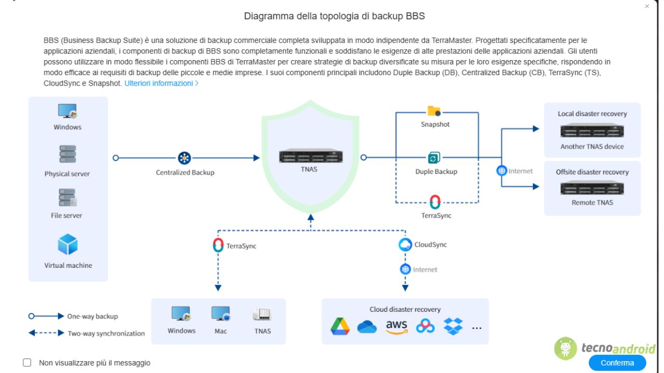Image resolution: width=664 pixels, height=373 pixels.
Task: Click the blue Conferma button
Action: click(x=617, y=363)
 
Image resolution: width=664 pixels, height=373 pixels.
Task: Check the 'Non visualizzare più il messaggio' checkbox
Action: click(x=27, y=363)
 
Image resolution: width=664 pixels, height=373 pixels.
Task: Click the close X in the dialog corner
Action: click(x=647, y=6)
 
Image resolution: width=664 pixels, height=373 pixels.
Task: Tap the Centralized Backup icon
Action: click(x=185, y=158)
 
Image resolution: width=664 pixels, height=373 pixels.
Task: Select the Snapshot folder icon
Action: click(x=434, y=111)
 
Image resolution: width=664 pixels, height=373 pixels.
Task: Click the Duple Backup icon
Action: click(x=434, y=158)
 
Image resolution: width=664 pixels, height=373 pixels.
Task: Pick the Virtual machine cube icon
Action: click(x=67, y=245)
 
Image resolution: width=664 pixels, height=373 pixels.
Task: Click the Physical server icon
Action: click(x=67, y=154)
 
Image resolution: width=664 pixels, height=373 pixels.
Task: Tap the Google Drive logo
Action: click(x=340, y=326)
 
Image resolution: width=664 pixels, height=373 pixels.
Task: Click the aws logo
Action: click(x=396, y=327)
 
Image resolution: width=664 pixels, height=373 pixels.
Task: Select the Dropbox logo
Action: click(x=453, y=326)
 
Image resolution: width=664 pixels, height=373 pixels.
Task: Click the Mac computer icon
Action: click(x=220, y=314)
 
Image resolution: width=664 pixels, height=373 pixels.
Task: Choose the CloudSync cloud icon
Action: click(x=405, y=245)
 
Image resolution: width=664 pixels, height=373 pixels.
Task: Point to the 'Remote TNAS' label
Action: click(x=592, y=203)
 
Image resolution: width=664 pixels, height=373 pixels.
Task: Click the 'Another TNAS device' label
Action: click(x=592, y=147)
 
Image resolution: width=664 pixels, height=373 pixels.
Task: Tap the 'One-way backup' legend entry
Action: click(x=92, y=316)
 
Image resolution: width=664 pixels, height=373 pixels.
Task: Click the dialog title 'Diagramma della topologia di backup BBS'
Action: click(x=334, y=16)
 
